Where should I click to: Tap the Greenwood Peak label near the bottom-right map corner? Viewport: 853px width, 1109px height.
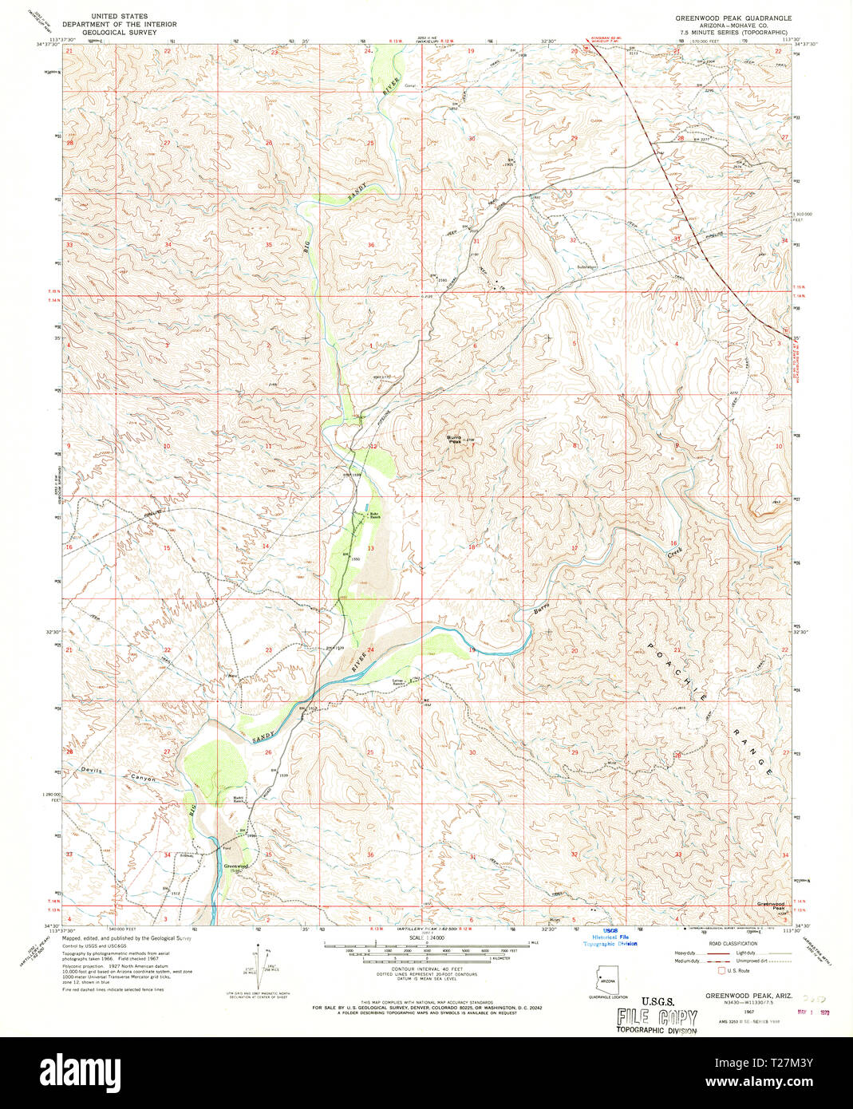771,906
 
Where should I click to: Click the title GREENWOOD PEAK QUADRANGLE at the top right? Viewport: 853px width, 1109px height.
733,17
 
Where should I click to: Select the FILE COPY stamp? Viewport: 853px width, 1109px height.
657,1017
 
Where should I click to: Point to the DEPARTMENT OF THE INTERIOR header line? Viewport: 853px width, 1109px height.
120,25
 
